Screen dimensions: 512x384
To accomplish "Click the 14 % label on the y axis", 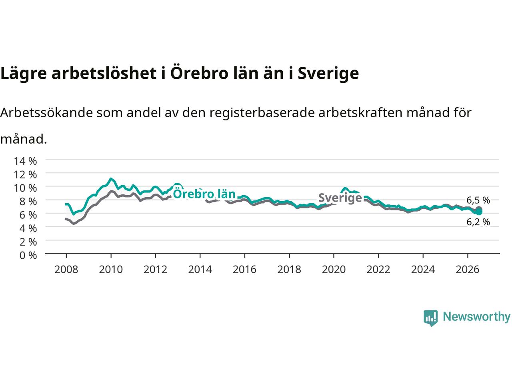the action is click(25, 161).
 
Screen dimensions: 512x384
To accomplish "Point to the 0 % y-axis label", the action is click(28, 256).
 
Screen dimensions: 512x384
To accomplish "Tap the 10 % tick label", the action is click(25, 188).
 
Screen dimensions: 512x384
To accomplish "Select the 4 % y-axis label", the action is click(28, 228).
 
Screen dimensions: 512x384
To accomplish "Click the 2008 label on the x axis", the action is click(66, 270).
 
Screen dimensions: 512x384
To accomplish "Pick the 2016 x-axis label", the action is click(244, 270).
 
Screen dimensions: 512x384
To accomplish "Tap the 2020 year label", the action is click(334, 270).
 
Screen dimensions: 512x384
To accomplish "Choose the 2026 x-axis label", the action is click(468, 270).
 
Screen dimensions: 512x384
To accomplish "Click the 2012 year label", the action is click(155, 270).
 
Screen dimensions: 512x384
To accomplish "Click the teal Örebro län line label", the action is click(204, 194).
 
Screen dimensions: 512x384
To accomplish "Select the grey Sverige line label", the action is click(340, 198).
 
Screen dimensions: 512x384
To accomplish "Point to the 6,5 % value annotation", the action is click(478, 200).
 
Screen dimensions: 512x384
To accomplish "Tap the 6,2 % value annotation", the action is click(478, 222).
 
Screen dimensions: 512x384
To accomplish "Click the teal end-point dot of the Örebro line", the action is click(479, 212).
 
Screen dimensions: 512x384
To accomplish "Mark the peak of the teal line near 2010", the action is click(111, 179).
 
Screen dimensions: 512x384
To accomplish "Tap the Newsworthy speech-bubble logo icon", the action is click(430, 318).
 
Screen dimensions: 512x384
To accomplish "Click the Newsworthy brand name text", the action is click(476, 317).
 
